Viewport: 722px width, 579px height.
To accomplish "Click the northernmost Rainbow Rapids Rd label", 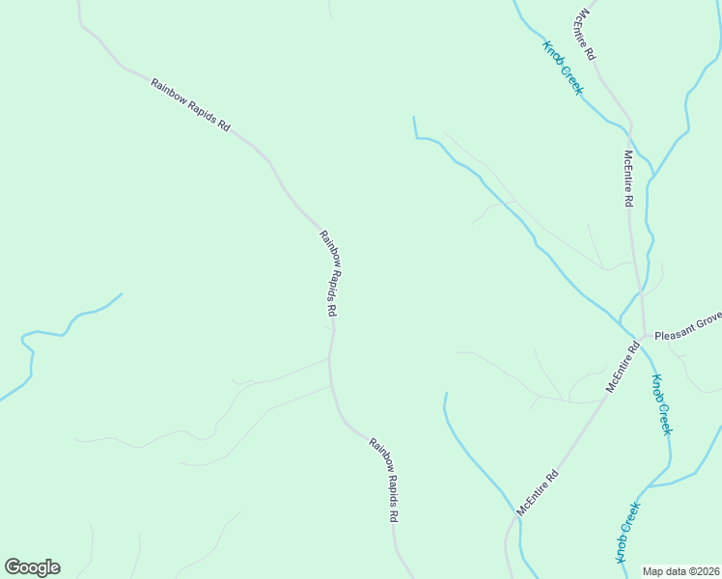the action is click(x=190, y=106).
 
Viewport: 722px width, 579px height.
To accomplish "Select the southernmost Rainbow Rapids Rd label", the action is click(x=383, y=480).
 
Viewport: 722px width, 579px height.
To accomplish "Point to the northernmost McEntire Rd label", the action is click(x=585, y=35).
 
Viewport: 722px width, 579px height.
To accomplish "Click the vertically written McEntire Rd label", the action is click(x=627, y=179).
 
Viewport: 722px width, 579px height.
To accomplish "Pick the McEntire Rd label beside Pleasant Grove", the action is click(x=623, y=366).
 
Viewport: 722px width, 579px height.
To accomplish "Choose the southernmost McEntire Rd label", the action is click(x=538, y=492).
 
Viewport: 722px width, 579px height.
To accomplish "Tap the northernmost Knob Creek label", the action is click(x=562, y=68).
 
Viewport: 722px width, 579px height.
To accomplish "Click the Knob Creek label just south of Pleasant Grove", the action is click(x=660, y=403).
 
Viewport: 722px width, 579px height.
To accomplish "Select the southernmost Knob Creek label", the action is click(x=628, y=533).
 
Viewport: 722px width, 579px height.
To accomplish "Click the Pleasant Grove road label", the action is click(x=687, y=337).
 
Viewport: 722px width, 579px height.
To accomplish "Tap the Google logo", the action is click(x=32, y=567).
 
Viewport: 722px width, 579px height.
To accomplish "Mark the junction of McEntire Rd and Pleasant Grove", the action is click(x=643, y=337).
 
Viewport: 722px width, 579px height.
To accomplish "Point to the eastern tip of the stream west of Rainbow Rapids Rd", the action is click(x=122, y=294).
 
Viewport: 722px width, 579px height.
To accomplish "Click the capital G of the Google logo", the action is click(x=12, y=567).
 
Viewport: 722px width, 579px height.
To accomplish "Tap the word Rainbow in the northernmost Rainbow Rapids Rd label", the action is click(x=169, y=95).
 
